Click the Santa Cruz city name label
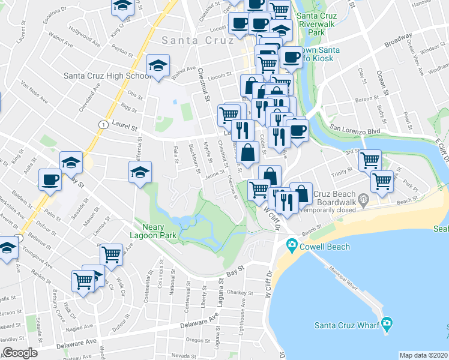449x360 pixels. click(x=196, y=40)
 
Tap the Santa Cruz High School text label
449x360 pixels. click(x=108, y=76)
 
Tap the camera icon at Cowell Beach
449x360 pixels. click(x=292, y=245)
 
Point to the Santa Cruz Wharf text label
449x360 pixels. click(x=347, y=325)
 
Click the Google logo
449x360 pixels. click(x=19, y=353)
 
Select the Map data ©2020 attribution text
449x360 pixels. click(x=423, y=355)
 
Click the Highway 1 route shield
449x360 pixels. click(x=104, y=124)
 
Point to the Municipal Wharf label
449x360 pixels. click(x=342, y=277)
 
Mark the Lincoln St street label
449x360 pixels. click(x=220, y=76)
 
